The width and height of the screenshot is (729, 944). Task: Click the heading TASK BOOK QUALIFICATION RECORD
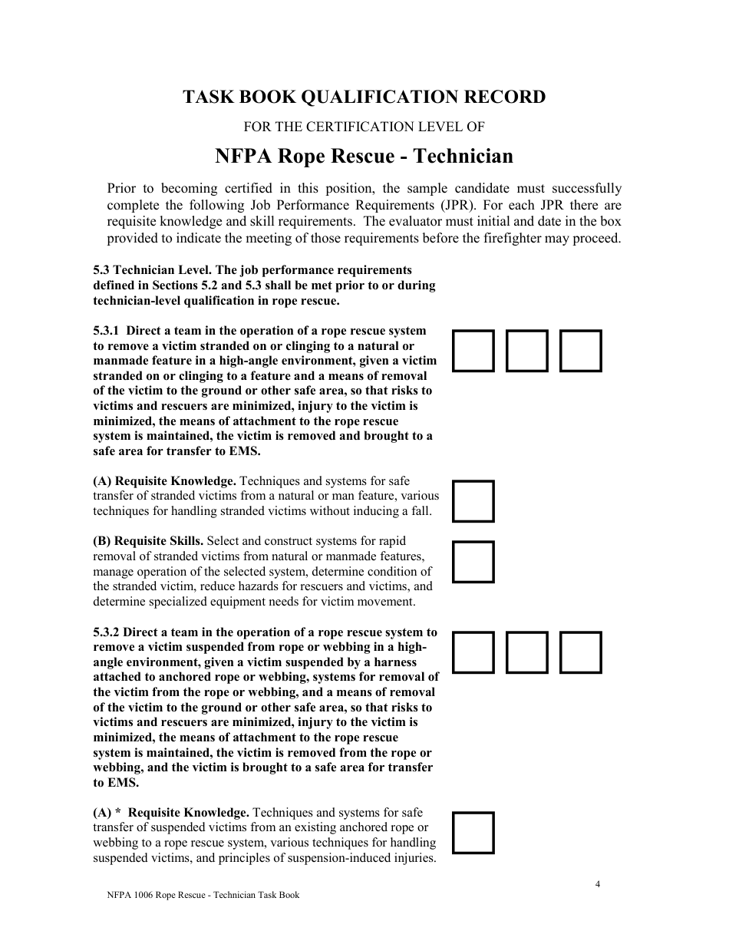pos(364,97)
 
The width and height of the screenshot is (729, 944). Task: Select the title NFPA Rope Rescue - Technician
pos(364,157)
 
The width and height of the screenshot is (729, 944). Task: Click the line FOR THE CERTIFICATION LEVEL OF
pos(364,127)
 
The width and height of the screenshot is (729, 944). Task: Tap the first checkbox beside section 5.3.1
pos(473,351)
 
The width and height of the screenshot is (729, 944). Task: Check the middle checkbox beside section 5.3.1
pos(527,351)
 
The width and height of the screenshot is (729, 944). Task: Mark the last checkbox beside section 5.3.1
pos(581,351)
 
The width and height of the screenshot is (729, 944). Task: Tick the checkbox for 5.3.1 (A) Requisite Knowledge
pos(473,501)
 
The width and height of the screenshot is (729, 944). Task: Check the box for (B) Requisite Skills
pos(473,562)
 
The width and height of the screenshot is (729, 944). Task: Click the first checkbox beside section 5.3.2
pos(473,652)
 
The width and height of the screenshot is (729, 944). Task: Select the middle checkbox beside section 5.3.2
pos(527,652)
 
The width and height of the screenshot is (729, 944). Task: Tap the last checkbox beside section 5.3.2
pos(581,652)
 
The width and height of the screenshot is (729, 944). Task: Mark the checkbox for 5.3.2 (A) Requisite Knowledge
pos(473,833)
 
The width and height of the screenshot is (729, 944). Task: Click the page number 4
pos(598,883)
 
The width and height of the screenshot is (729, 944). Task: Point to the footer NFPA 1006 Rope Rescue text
pos(203,895)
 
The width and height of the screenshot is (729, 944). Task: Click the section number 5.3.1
pos(107,331)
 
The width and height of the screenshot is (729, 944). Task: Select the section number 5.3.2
pos(107,632)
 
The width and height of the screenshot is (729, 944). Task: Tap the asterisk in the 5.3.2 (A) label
pos(118,812)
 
